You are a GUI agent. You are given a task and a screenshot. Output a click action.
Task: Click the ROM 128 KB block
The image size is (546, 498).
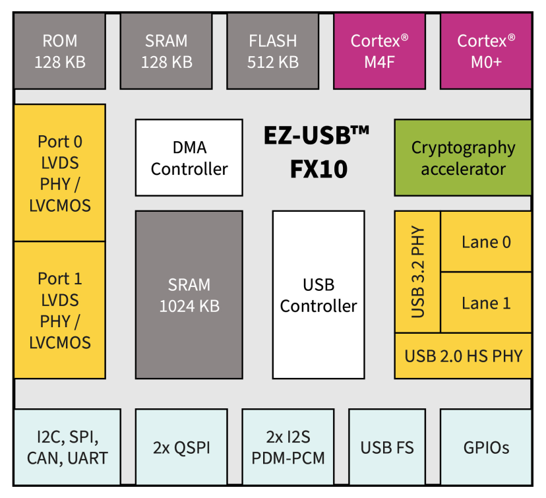(x=59, y=51)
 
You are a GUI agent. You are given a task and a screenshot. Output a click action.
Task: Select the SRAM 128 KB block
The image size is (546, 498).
(x=166, y=51)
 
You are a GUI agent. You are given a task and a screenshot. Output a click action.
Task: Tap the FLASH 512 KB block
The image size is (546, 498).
(x=272, y=51)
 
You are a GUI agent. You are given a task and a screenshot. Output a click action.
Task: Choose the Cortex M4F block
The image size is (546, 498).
(x=379, y=51)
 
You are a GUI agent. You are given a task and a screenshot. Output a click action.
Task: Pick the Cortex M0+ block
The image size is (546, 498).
(x=485, y=51)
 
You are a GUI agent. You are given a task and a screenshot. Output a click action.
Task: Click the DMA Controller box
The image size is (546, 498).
(x=189, y=157)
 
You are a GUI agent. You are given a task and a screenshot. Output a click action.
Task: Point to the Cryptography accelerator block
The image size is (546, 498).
(x=463, y=157)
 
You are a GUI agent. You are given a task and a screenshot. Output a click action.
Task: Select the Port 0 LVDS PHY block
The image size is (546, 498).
(x=59, y=173)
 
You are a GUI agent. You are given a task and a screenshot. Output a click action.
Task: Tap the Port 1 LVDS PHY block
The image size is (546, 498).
(x=59, y=310)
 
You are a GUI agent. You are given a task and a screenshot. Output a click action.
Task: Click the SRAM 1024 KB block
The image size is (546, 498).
(x=189, y=295)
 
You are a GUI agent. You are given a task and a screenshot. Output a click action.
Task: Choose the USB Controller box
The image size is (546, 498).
(x=318, y=295)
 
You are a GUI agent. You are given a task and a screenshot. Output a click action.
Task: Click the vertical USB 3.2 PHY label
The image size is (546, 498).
(x=417, y=272)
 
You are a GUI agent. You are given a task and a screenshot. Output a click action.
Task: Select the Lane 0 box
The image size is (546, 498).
(x=486, y=241)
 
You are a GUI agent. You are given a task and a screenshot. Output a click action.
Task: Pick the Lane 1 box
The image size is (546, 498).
(x=486, y=303)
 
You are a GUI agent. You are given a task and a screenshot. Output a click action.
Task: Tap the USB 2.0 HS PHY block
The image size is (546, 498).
(x=463, y=356)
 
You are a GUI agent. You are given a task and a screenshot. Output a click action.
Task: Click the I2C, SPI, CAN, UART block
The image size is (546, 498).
(x=67, y=447)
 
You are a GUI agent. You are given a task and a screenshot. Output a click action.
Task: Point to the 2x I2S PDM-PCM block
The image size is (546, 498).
(x=288, y=447)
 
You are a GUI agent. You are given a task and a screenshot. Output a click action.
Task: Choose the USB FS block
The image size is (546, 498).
(x=387, y=447)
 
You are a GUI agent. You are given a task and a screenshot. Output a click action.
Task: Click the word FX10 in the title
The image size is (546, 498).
(x=318, y=170)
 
